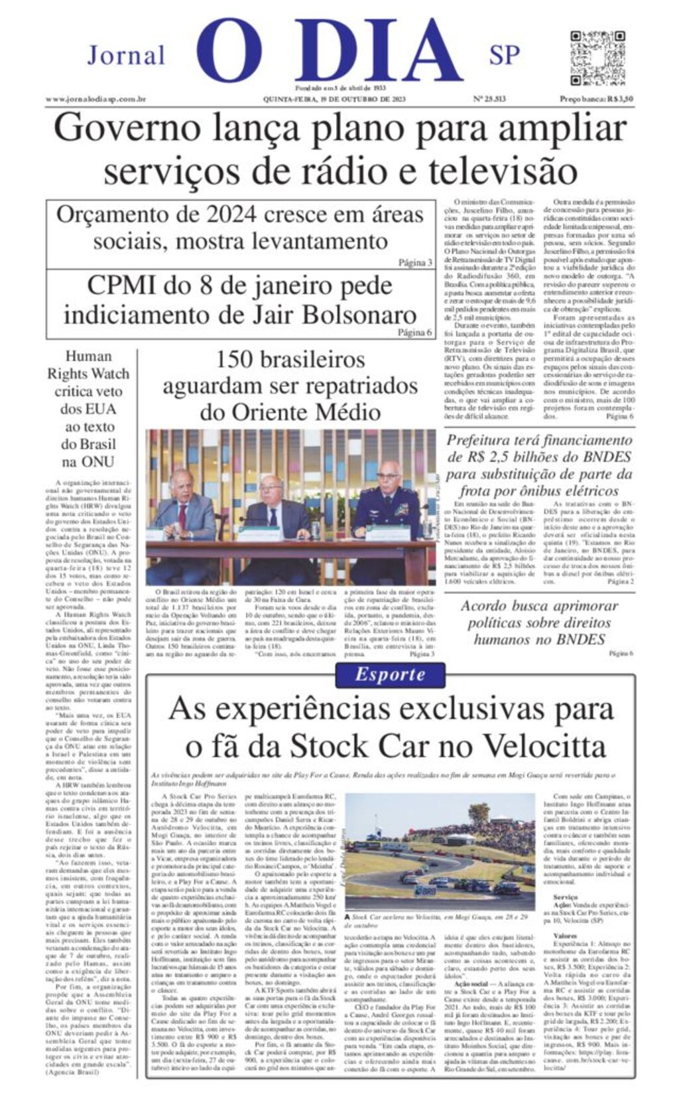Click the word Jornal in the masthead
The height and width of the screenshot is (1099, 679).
126,56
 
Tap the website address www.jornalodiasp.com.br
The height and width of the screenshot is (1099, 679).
95,99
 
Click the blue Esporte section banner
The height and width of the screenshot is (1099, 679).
390,675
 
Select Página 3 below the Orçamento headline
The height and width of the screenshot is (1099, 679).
415,263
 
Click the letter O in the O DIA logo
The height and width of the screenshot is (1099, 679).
229,52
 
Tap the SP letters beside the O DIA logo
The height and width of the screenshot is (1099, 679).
505,56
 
